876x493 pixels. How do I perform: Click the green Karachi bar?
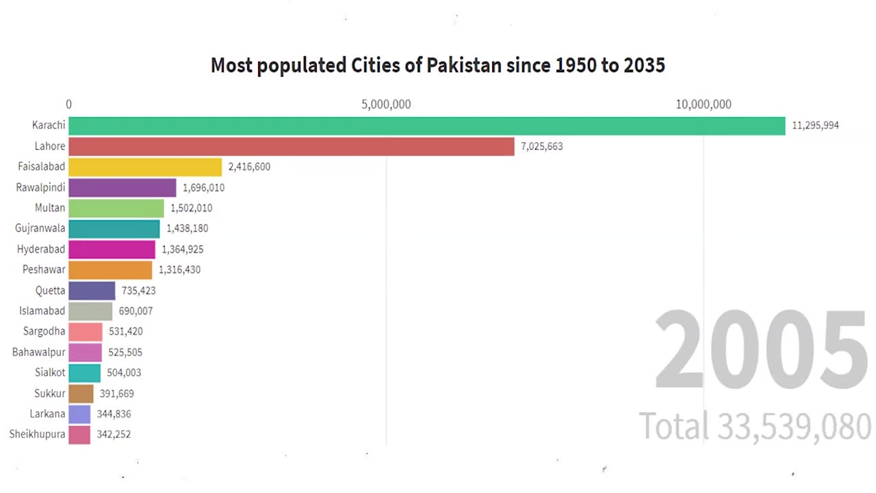[x=426, y=126]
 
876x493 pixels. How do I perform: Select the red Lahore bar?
[x=291, y=147]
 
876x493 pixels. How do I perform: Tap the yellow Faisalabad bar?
[x=145, y=167]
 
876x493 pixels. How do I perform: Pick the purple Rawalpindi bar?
[x=123, y=188]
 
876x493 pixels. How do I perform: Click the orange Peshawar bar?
[x=110, y=270]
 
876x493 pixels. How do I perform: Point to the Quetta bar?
[x=92, y=290]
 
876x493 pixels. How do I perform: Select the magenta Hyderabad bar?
[x=112, y=249]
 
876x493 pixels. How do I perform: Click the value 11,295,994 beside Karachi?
[x=815, y=126]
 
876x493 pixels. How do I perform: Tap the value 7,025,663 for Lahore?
[x=541, y=147]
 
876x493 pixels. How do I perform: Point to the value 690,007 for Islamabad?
[x=136, y=311]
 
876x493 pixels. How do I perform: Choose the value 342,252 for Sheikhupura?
[x=114, y=434]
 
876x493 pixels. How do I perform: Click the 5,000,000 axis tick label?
[x=386, y=105]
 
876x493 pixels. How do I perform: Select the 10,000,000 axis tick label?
[x=704, y=105]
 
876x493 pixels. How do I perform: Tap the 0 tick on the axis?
[x=68, y=105]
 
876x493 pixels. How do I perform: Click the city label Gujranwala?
[x=40, y=229]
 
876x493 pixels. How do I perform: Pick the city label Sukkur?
[x=50, y=393]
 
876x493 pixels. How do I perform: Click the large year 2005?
[x=761, y=351]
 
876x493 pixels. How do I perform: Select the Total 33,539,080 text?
[x=755, y=426]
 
